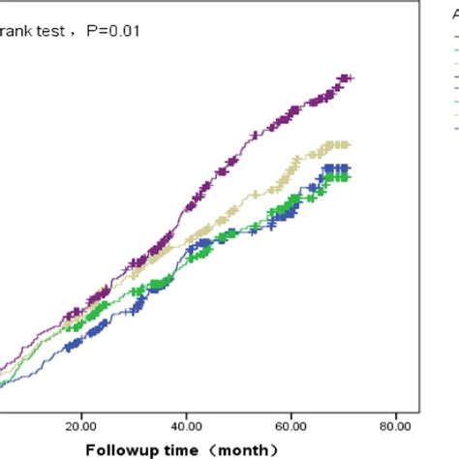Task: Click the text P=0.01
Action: pos(114,31)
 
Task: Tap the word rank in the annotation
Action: pos(18,31)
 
